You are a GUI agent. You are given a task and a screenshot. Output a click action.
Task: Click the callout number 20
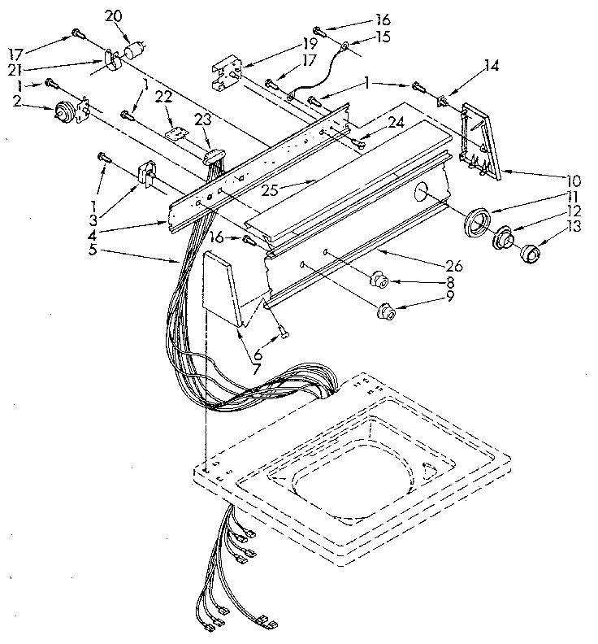tap(113, 15)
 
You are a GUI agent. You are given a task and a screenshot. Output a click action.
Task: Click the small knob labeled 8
tap(377, 281)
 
